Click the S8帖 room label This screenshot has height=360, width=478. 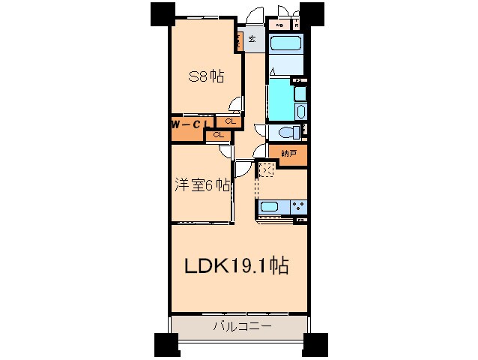(x=206, y=75)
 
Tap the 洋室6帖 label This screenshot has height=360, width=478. (x=203, y=185)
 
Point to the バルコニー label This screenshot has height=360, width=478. (x=240, y=326)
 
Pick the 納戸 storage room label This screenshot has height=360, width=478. (x=288, y=153)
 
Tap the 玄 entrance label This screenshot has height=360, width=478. (x=252, y=39)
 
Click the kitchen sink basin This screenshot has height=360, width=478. (x=269, y=206)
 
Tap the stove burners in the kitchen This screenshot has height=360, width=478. (x=297, y=206)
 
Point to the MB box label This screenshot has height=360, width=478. (x=280, y=25)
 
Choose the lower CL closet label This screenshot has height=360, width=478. (x=218, y=135)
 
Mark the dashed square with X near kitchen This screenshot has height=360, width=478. (x=267, y=169)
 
